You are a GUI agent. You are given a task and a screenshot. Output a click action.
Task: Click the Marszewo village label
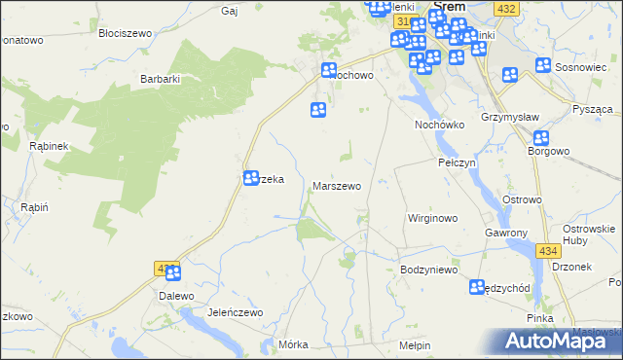(x=337, y=185)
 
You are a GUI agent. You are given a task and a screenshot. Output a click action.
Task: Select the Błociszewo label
(x=125, y=32)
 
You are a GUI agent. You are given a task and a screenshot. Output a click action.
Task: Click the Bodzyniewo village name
(x=428, y=270)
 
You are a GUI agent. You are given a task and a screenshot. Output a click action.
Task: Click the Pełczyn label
(x=457, y=162)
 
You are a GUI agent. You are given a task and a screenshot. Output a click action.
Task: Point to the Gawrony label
(x=506, y=234)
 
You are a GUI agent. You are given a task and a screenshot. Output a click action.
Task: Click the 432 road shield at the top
(x=505, y=9)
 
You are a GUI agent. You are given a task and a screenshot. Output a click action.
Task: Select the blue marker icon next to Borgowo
(x=542, y=138)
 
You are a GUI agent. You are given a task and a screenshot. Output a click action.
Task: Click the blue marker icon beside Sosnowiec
(x=544, y=66)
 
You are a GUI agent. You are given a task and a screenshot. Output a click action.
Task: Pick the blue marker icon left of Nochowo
(x=329, y=70)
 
